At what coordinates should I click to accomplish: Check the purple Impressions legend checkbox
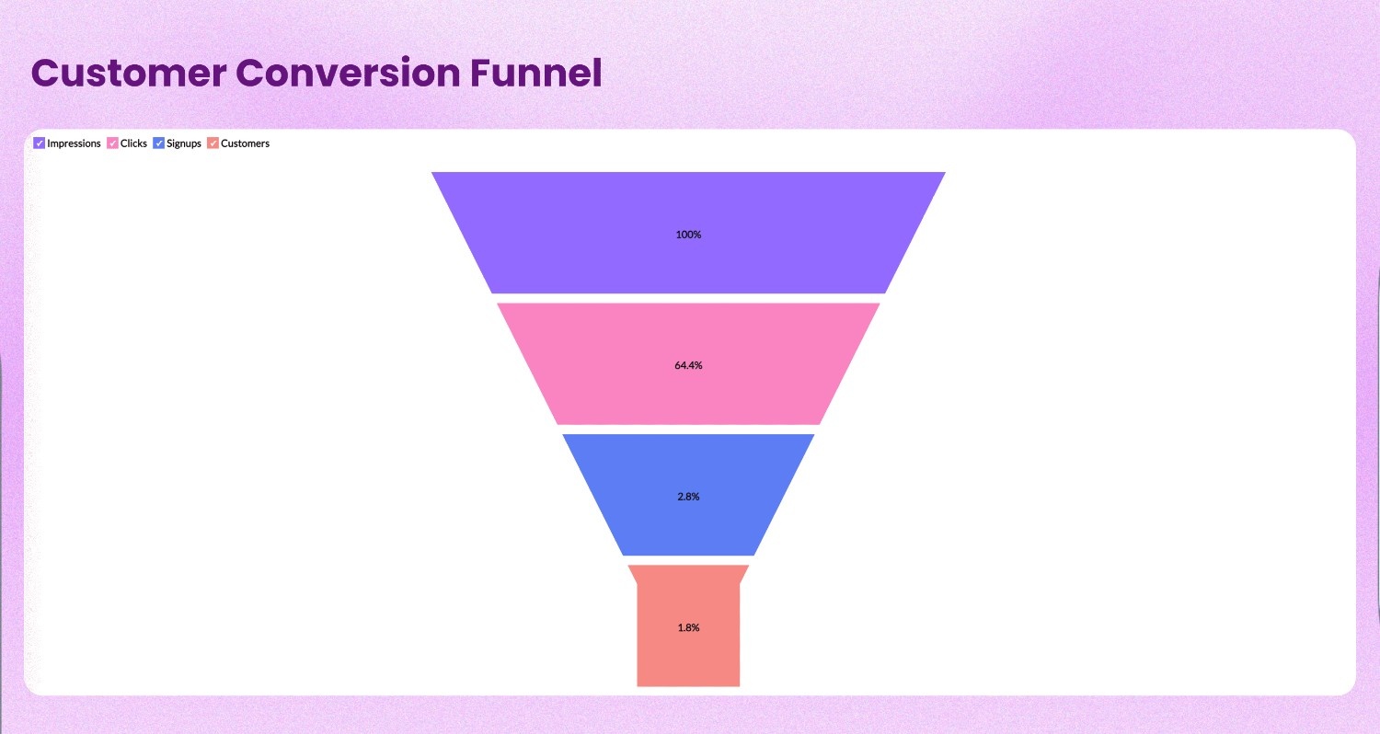pyautogui.click(x=40, y=143)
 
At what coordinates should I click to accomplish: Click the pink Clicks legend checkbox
pyautogui.click(x=113, y=143)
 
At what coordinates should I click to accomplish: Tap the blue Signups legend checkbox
pyautogui.click(x=159, y=143)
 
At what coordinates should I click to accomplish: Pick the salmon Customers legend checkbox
pyautogui.click(x=213, y=143)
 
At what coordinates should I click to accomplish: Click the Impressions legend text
pyautogui.click(x=74, y=143)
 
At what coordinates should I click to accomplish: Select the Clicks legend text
pyautogui.click(x=133, y=143)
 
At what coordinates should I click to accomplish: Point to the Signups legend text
pyautogui.click(x=184, y=143)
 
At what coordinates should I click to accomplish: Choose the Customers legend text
pyautogui.click(x=245, y=143)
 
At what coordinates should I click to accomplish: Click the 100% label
pyautogui.click(x=688, y=235)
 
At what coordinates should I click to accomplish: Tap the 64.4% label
pyautogui.click(x=688, y=365)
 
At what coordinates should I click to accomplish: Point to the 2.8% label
pyautogui.click(x=688, y=497)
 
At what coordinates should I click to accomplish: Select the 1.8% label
pyautogui.click(x=688, y=627)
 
